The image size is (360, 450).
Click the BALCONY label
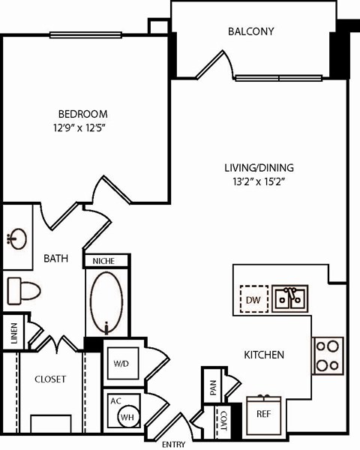coord(250,31)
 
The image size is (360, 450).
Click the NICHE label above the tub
coord(107,261)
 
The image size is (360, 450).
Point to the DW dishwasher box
coord(253,299)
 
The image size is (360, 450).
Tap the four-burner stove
coord(328,355)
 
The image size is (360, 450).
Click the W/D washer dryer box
coord(121,363)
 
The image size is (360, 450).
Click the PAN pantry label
coord(211,387)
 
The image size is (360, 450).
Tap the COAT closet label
coord(223,421)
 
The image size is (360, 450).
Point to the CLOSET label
coord(50,379)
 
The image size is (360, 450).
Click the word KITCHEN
coord(264,355)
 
